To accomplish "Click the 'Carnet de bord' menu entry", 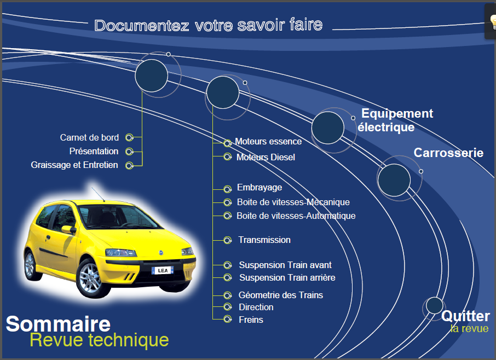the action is pyautogui.click(x=90, y=137).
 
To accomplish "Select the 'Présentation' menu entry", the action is pyautogui.click(x=94, y=151).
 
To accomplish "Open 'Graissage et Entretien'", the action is pyautogui.click(x=74, y=165).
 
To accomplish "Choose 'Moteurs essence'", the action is pyautogui.click(x=268, y=141).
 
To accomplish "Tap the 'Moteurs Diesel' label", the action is pyautogui.click(x=266, y=157).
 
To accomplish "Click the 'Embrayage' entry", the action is pyautogui.click(x=259, y=188).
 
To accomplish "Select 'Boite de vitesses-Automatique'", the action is pyautogui.click(x=296, y=216).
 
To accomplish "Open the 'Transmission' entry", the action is pyautogui.click(x=264, y=240).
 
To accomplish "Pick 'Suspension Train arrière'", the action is pyautogui.click(x=287, y=277).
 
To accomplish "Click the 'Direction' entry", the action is pyautogui.click(x=256, y=307).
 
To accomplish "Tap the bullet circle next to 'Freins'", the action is pyautogui.click(x=227, y=319).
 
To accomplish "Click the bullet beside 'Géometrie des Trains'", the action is pyautogui.click(x=227, y=295).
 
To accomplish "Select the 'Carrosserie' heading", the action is pyautogui.click(x=448, y=153).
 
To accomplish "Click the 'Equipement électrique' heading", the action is pyautogui.click(x=395, y=120).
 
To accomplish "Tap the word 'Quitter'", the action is pyautogui.click(x=466, y=316).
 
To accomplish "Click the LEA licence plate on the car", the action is pyautogui.click(x=163, y=271).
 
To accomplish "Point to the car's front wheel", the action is pyautogui.click(x=90, y=278).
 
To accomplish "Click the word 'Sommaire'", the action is pyautogui.click(x=58, y=324).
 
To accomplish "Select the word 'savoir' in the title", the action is pyautogui.click(x=261, y=25).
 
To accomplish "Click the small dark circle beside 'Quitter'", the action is pyautogui.click(x=434, y=306).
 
